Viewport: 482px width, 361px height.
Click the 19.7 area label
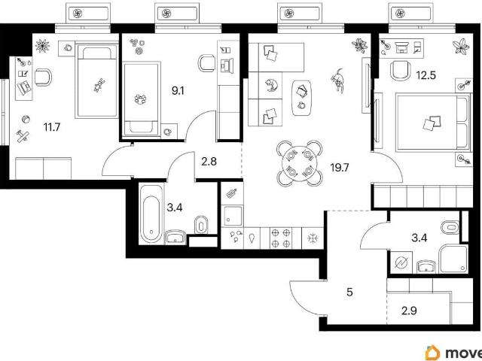[x=340, y=168]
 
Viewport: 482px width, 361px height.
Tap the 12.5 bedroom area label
[x=426, y=75]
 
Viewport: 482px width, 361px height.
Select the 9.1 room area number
[x=178, y=91]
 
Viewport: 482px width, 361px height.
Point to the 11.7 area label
[x=52, y=127]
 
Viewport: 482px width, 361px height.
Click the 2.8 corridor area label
[x=209, y=162]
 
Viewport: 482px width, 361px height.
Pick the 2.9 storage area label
[x=409, y=311]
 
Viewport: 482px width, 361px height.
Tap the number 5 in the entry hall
[x=349, y=293]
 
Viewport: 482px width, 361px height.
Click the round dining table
[x=300, y=164]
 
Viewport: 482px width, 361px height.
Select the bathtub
[x=151, y=214]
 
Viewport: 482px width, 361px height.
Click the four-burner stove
[x=281, y=238]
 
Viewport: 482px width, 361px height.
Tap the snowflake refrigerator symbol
[x=313, y=238]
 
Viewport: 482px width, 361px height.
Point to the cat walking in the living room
[x=338, y=80]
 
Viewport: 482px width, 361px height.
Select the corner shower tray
[x=453, y=259]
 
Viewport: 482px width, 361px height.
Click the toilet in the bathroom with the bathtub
[x=201, y=225]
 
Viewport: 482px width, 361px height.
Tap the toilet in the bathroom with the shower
[x=450, y=228]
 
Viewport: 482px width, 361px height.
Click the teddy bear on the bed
[x=99, y=85]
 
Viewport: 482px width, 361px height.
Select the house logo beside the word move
[x=433, y=353]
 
